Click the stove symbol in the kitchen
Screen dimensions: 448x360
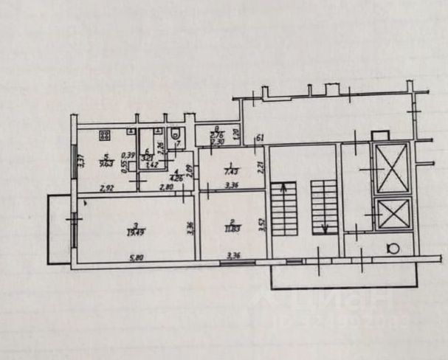[104, 136]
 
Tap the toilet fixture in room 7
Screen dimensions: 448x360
[173, 135]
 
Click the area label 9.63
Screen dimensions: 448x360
[106, 165]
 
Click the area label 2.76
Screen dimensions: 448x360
[216, 136]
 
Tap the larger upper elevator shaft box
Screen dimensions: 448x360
[390, 168]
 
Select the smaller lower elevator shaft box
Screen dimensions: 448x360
[389, 215]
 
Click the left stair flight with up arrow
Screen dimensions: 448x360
[281, 209]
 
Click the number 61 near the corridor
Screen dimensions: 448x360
[259, 139]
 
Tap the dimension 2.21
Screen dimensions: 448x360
[261, 167]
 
